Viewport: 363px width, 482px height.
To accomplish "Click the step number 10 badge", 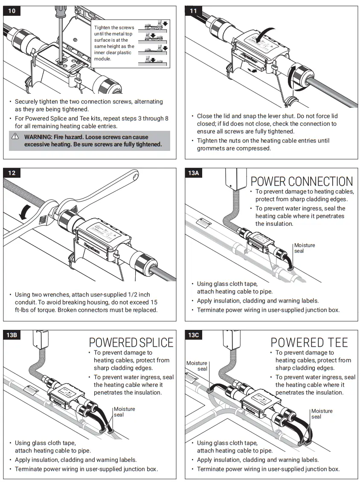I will click(x=12, y=11).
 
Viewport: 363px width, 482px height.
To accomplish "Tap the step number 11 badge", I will click(x=194, y=11).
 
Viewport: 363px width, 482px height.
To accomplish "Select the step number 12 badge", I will click(x=12, y=173).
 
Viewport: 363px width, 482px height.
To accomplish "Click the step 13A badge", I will click(x=194, y=173).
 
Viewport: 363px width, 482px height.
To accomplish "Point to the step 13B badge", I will click(x=12, y=335).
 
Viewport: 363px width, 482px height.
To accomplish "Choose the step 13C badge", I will click(x=194, y=335).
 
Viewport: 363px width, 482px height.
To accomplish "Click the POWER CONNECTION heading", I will click(x=302, y=182).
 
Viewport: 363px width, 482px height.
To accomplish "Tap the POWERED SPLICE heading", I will click(x=131, y=343).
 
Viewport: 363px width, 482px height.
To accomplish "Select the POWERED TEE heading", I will click(x=309, y=343).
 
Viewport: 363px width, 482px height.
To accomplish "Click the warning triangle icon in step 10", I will click(x=15, y=137).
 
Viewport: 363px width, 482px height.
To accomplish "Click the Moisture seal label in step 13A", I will click(x=305, y=248).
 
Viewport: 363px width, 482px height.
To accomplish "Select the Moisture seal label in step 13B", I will click(x=124, y=412).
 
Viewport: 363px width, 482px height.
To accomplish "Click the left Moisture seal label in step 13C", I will click(x=197, y=366).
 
